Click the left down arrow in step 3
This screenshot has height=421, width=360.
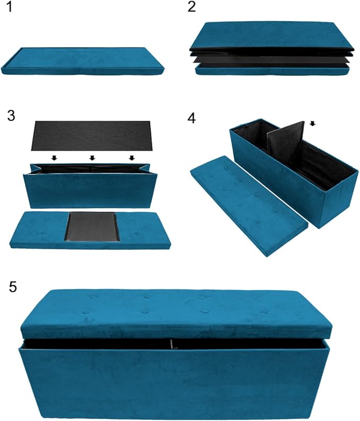pyautogui.click(x=54, y=157)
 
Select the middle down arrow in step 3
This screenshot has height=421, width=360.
pyautogui.click(x=92, y=157)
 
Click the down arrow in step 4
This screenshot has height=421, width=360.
pyautogui.click(x=312, y=124)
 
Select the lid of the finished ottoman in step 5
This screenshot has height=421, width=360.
pyautogui.click(x=175, y=314)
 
